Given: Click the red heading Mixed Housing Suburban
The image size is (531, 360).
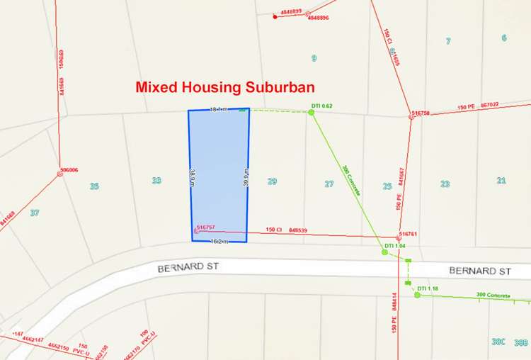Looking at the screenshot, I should point(225,88).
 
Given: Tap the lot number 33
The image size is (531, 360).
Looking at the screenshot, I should point(156,181).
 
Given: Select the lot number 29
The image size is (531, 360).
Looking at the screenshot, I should point(272,182).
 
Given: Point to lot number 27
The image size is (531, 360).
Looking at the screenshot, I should point(329,184).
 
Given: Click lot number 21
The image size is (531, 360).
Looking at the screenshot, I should point(501,181).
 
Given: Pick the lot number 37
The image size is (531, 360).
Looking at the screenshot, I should point(34,213).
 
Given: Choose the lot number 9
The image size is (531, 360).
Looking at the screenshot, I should point(314,58).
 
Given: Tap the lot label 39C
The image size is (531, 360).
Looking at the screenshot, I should point(498,342).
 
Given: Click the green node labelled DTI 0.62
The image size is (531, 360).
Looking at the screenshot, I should point(311,112).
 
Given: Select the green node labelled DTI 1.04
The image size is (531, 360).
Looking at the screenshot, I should point(384,252).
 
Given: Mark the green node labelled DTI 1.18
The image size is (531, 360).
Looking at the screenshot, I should point(417,295).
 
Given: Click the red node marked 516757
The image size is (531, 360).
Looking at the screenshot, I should point(197,230).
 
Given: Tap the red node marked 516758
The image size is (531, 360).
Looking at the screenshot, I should point(411,116).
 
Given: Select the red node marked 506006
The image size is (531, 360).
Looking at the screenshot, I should point(60,174).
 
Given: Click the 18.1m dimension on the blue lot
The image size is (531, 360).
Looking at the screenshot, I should point(218,109).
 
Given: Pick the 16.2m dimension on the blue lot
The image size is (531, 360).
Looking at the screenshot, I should point(218,242).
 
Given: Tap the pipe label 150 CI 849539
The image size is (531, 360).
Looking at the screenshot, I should point(286,230).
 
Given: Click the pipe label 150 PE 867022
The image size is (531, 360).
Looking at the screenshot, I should point(478,106).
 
